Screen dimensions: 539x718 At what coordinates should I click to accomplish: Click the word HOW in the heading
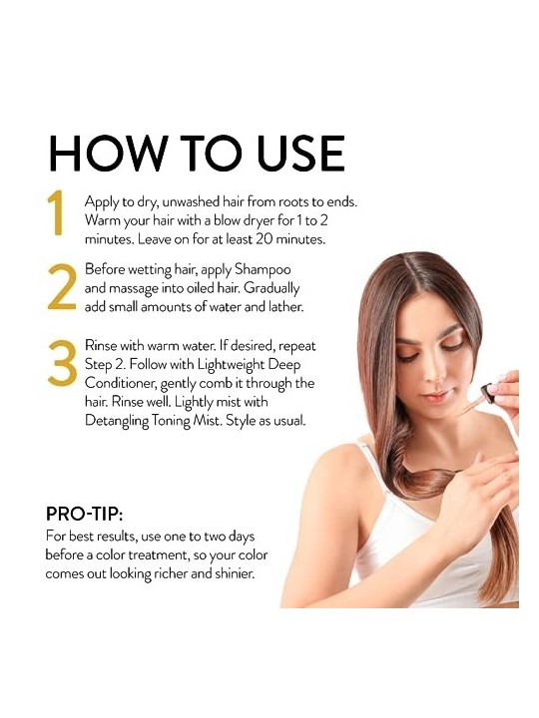point(108,153)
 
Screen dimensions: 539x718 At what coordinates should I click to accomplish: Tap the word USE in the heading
point(300,153)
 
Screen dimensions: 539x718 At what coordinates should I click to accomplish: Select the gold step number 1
point(56,213)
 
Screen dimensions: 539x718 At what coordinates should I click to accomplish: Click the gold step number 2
point(62,286)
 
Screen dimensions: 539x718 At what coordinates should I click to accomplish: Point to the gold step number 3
point(62,363)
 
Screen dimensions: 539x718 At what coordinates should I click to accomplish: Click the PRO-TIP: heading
point(84,515)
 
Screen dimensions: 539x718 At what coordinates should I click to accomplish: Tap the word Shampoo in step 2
point(263,269)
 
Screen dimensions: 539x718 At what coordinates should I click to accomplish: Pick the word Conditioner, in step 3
point(121,383)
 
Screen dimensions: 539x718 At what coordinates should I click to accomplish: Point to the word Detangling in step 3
point(117,421)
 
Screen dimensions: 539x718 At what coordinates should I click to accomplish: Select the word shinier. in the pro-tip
point(235,573)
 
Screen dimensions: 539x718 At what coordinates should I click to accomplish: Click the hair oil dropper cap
point(487,395)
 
